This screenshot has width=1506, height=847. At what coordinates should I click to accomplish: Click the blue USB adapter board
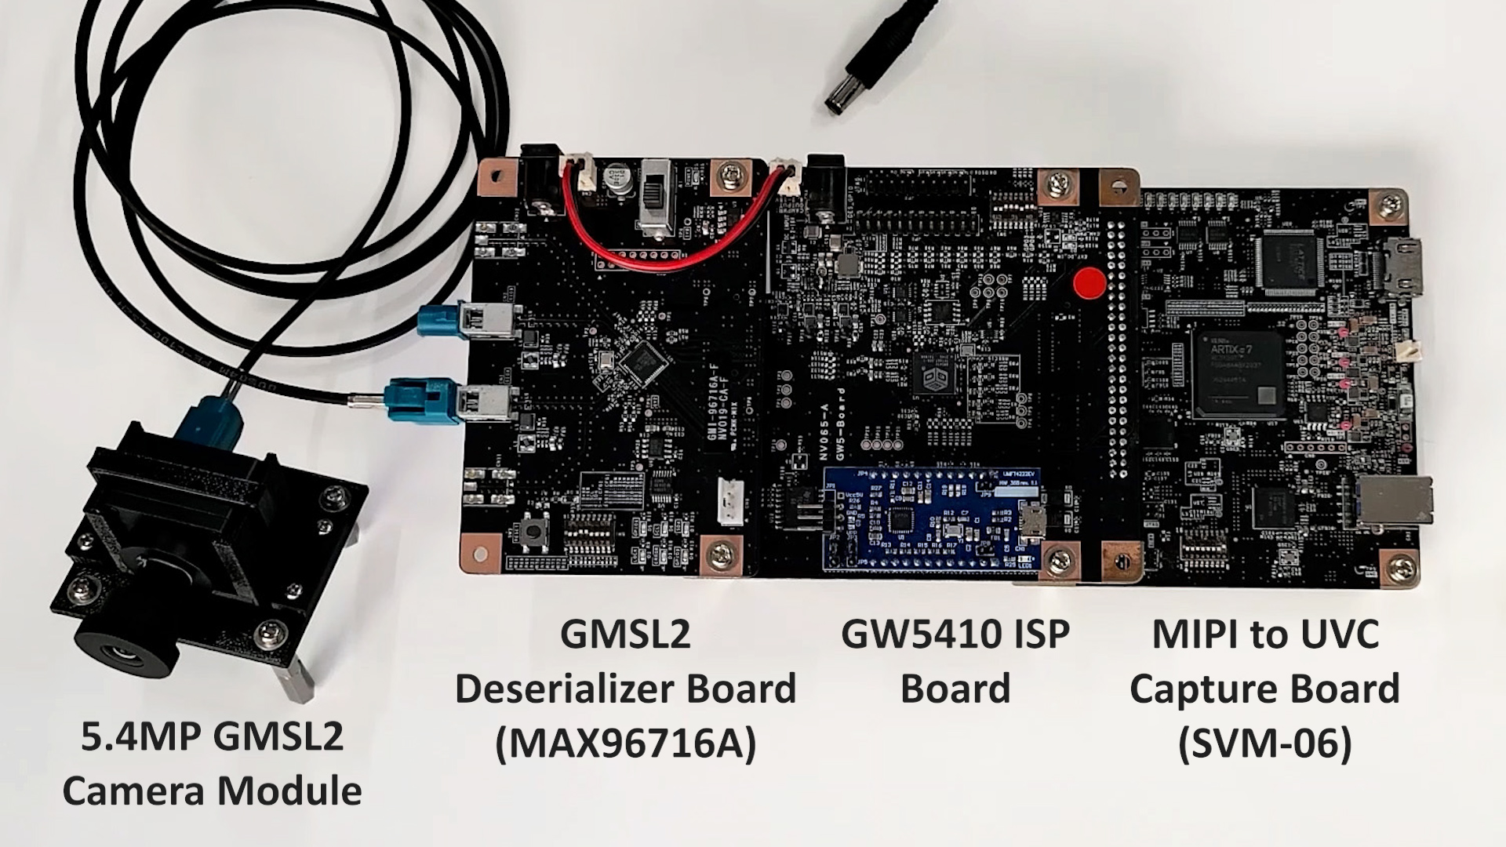pos(933,518)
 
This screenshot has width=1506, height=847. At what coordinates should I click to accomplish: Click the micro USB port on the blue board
pos(1034,520)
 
